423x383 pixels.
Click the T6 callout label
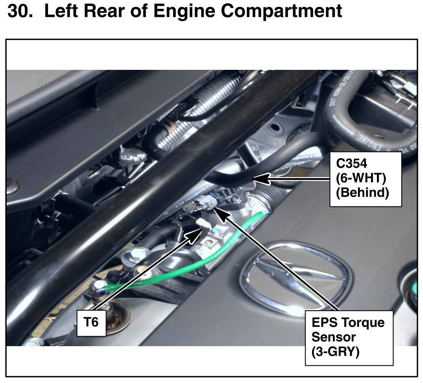(91, 322)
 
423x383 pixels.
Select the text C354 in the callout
(352, 163)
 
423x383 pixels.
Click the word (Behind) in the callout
(362, 193)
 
